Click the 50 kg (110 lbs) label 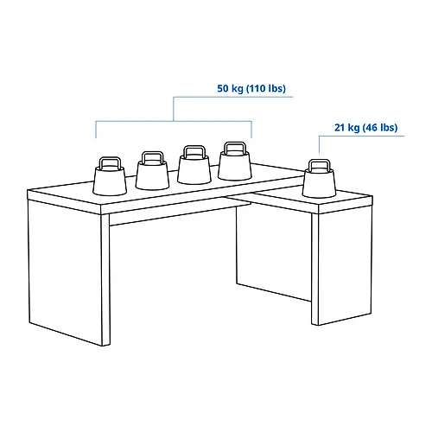(251, 89)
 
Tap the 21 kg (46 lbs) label (365, 128)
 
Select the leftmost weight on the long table (110, 180)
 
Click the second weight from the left (152, 176)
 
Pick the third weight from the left (194, 169)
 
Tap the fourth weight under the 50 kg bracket (234, 164)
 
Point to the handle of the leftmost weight (110, 162)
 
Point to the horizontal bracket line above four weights (173, 121)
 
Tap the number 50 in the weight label (224, 89)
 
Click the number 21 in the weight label (340, 128)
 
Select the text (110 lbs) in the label (265, 89)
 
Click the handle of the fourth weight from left (234, 148)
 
